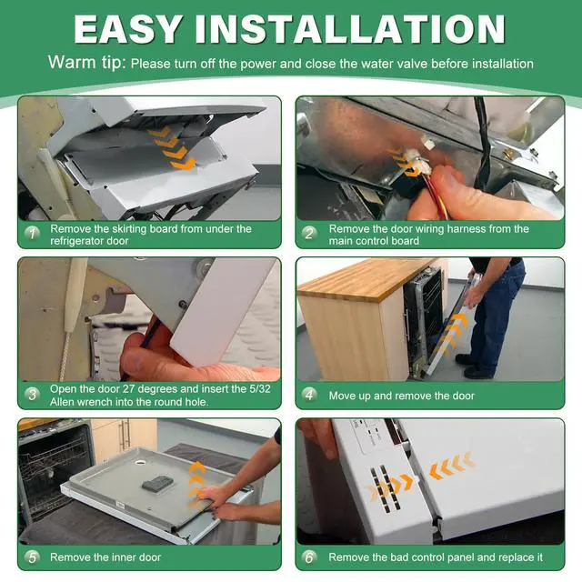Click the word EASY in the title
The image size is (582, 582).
(x=127, y=29)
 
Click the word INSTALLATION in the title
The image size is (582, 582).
(x=350, y=29)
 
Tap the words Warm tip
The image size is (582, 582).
(x=87, y=63)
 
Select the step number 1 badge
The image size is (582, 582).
(x=33, y=234)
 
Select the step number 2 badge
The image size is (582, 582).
(x=309, y=234)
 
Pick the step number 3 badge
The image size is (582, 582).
(x=33, y=395)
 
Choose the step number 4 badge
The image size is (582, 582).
(x=309, y=395)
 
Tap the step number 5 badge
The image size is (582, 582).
(x=33, y=557)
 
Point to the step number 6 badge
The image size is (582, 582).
(x=309, y=557)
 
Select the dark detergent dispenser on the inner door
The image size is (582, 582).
(x=157, y=483)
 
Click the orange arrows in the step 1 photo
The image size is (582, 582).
(x=172, y=147)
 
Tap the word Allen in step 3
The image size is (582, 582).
(x=64, y=402)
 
